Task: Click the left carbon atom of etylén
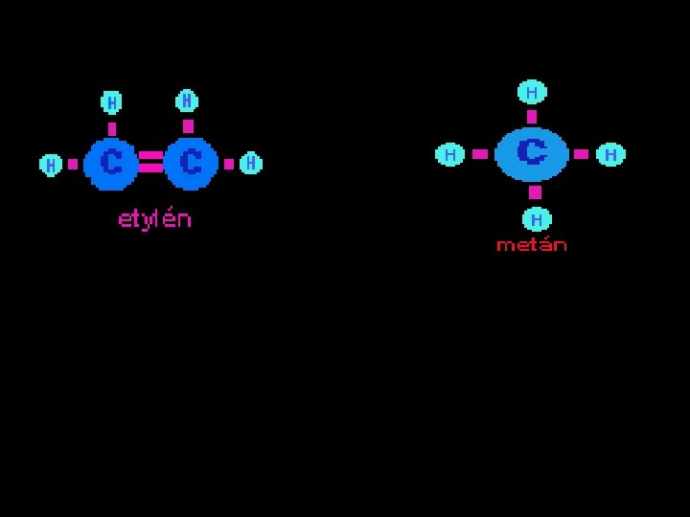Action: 111,164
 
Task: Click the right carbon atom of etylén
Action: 191,164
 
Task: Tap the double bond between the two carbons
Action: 150,162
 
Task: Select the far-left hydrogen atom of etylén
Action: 50,165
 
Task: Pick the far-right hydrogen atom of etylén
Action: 250,164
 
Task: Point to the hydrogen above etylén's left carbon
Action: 111,101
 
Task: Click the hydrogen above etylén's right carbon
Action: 187,101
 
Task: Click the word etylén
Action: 154,219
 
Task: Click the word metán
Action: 531,245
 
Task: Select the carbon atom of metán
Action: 531,153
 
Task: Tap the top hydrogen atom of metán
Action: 532,93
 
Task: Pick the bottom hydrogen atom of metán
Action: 536,219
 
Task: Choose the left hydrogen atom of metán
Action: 449,154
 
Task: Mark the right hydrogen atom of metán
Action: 610,154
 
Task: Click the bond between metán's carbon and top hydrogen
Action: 532,117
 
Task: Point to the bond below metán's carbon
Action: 535,192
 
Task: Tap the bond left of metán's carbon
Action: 480,154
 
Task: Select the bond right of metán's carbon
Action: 581,154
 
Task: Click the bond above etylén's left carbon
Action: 112,128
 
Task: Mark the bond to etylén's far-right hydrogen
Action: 229,164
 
